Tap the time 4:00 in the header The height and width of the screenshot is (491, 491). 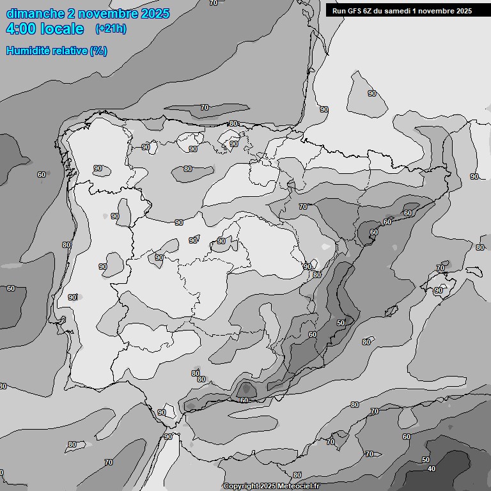click(25, 29)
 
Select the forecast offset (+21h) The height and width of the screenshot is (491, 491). click(111, 29)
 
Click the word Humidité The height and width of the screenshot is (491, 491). click(29, 51)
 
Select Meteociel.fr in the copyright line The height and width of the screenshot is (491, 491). click(299, 487)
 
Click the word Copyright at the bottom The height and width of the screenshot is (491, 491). click(241, 487)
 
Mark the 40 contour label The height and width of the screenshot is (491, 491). click(432, 469)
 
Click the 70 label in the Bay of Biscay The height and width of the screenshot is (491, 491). click(205, 107)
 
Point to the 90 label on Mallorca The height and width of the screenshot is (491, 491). click(439, 290)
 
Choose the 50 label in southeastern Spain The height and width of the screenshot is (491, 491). click(341, 323)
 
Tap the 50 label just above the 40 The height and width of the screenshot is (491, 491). click(426, 460)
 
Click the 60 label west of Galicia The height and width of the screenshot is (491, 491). click(42, 175)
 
